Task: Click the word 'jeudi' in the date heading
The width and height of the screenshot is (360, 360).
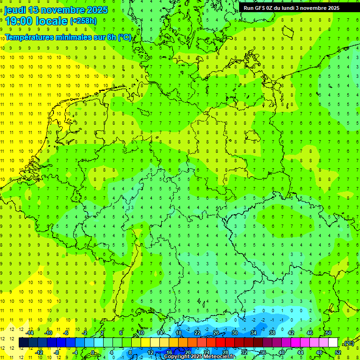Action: (x=15, y=10)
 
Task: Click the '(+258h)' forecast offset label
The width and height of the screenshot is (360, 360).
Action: (x=83, y=21)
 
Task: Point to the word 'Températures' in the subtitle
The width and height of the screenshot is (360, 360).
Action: (x=29, y=37)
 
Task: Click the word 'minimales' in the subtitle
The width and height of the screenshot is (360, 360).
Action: (x=74, y=37)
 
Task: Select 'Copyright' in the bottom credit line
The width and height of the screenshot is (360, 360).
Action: (x=179, y=357)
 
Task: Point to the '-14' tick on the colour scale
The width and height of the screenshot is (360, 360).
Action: (x=30, y=332)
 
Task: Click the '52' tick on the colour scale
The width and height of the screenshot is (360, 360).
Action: (x=338, y=352)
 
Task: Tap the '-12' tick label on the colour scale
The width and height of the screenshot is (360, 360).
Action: (x=39, y=352)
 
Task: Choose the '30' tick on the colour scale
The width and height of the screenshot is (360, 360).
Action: (x=234, y=332)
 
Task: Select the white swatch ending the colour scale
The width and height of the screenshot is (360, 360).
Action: (x=333, y=342)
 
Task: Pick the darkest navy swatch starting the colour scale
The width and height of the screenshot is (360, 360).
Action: (x=23, y=342)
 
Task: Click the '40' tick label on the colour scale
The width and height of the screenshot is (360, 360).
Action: (x=282, y=352)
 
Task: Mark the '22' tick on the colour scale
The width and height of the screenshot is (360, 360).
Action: (x=197, y=332)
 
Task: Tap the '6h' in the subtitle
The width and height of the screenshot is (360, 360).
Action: (x=112, y=37)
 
